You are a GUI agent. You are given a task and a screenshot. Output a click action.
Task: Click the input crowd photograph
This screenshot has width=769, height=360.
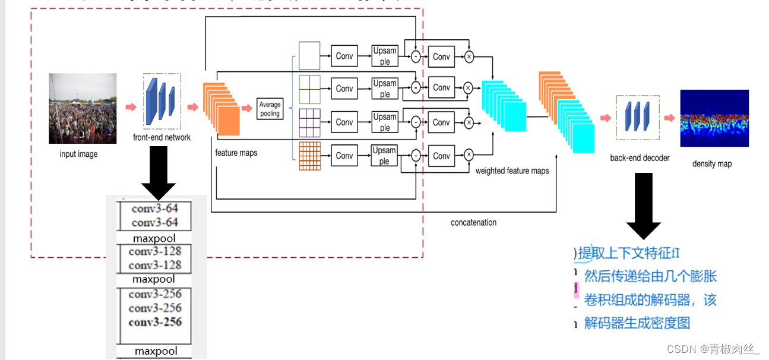click(83, 108)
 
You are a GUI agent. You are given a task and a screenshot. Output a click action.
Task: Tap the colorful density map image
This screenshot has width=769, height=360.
click(714, 118)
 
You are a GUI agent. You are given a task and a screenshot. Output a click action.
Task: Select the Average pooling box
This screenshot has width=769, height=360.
click(270, 109)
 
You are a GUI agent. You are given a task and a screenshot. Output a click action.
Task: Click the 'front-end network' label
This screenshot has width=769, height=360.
click(162, 138)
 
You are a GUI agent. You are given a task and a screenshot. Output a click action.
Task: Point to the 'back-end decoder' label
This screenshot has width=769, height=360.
click(640, 158)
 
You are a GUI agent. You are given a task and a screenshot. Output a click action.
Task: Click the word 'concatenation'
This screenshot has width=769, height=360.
click(473, 223)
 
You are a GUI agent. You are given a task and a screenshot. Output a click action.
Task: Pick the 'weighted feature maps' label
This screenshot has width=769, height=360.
click(512, 171)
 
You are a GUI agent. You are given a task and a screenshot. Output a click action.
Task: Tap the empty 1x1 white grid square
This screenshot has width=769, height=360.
click(309, 56)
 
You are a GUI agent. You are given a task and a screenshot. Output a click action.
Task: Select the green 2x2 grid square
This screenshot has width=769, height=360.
click(309, 89)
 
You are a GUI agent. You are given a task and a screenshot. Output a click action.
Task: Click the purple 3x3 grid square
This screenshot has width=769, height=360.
click(309, 123)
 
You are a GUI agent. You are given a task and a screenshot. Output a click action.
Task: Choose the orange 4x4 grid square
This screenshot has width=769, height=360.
click(309, 156)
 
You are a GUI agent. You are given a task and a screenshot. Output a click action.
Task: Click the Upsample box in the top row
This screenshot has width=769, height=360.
click(385, 56)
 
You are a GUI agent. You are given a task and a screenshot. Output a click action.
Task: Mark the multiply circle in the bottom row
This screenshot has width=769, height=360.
click(469, 155)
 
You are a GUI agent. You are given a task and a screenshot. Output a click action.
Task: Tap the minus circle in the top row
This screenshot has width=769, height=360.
click(416, 56)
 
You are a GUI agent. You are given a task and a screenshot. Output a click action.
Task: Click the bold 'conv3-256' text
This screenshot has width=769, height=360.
click(155, 322)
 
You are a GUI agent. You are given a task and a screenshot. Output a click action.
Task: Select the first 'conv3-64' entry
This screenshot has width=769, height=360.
click(155, 209)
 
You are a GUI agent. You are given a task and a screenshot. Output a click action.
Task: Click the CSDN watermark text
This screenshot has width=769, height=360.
click(713, 349)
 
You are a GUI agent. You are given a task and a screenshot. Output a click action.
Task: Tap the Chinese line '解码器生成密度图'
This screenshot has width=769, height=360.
click(637, 323)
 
